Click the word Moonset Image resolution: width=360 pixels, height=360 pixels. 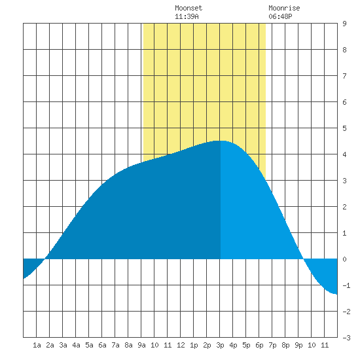pos(189,8)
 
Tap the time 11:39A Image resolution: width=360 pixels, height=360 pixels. pos(187,16)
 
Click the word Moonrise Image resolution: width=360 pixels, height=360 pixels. pos(284,8)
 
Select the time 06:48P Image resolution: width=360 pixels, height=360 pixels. pos(280,16)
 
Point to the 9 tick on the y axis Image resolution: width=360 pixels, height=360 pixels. pos(344,24)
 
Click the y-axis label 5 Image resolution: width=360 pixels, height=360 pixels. pos(344,128)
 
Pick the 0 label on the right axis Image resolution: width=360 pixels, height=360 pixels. pos(344,259)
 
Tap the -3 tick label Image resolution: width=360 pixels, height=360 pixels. pos(346,338)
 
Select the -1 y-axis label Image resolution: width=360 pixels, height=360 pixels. pos(346,285)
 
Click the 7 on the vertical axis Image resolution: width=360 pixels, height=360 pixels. pos(344,76)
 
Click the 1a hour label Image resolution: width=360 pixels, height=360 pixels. pos(37,345)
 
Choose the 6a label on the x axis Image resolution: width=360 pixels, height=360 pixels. pos(102,345)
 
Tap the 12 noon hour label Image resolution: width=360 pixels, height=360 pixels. pos(181,345)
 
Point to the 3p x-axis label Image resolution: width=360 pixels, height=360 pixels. pos(220,345)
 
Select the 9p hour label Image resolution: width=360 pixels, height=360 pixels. pos(298,345)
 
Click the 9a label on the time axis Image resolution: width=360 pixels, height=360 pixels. pos(141,345)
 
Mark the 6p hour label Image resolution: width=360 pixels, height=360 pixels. pos(259,345)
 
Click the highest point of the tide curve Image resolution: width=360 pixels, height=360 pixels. pos(220,141)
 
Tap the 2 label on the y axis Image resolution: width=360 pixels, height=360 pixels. pos(344,207)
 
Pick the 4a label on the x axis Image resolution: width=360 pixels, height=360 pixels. pos(76,345)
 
